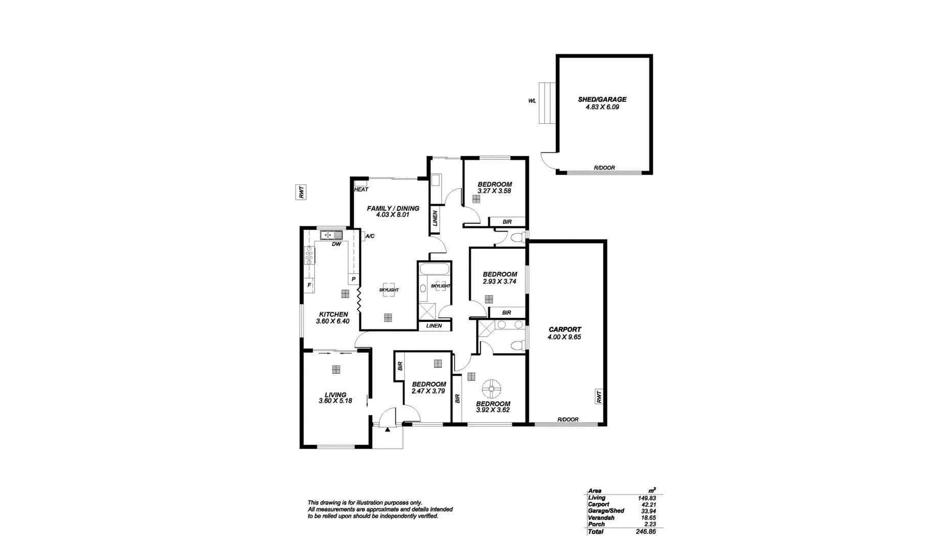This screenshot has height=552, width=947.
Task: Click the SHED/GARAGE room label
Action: (595, 100)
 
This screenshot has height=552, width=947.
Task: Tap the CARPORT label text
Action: (565, 330)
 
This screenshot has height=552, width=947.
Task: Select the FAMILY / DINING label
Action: (393, 209)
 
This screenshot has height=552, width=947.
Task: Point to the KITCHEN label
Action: (333, 314)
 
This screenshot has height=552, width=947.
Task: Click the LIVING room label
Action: (335, 395)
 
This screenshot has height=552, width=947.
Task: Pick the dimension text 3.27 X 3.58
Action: (494, 191)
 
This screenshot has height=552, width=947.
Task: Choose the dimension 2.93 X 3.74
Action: (500, 281)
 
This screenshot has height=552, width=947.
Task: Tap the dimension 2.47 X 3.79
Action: (429, 391)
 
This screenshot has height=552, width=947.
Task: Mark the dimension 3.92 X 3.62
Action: (493, 410)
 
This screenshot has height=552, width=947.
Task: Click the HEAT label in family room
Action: (361, 190)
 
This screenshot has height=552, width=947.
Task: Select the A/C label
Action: (370, 236)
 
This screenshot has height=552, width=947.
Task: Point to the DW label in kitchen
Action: (336, 244)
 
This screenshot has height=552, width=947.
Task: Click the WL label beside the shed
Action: (532, 101)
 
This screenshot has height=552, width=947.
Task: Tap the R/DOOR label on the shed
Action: (604, 168)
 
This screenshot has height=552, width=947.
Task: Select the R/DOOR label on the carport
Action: (568, 420)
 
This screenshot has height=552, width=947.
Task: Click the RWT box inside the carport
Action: (598, 397)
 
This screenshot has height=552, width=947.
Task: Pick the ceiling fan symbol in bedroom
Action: (492, 388)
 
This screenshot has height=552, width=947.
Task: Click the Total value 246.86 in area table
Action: (645, 532)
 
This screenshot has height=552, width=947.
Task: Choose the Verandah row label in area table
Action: (601, 518)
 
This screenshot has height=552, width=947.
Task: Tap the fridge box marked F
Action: (309, 285)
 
